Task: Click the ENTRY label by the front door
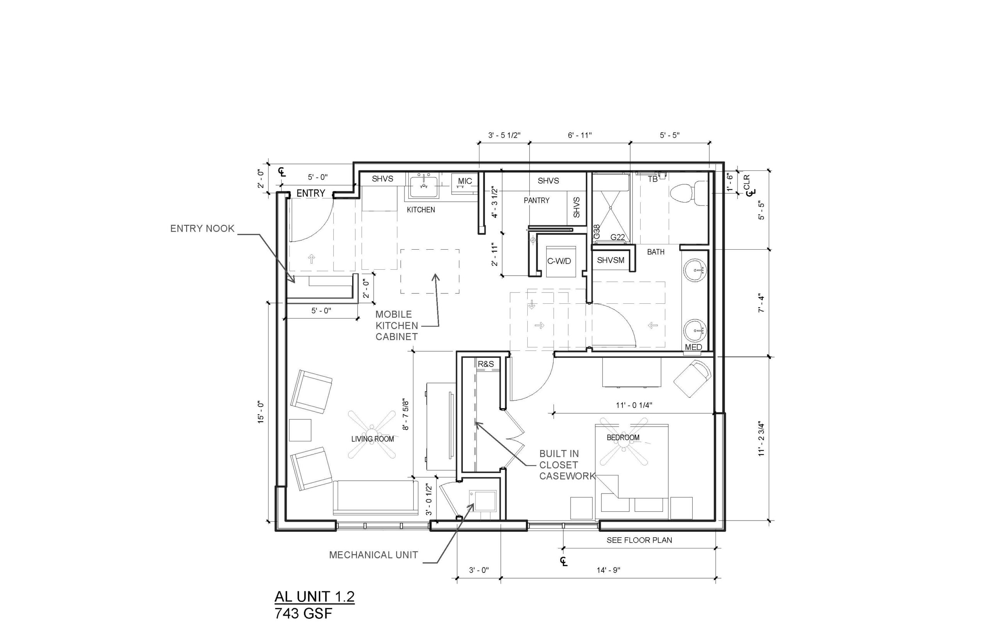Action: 310,193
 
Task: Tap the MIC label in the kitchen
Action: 465,181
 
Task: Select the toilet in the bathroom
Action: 688,192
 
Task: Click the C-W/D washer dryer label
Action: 559,261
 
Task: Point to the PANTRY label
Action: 536,200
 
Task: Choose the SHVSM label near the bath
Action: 611,260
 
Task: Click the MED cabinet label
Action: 693,347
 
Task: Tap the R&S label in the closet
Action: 486,364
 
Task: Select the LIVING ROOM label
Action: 372,439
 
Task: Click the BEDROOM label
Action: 623,437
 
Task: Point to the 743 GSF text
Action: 304,613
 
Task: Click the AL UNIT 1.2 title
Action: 314,597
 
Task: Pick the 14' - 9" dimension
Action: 608,570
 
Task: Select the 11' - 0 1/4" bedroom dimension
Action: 634,405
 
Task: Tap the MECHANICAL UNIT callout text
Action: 374,555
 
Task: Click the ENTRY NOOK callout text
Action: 202,228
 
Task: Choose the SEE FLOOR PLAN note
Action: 639,540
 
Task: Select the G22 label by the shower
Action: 618,237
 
